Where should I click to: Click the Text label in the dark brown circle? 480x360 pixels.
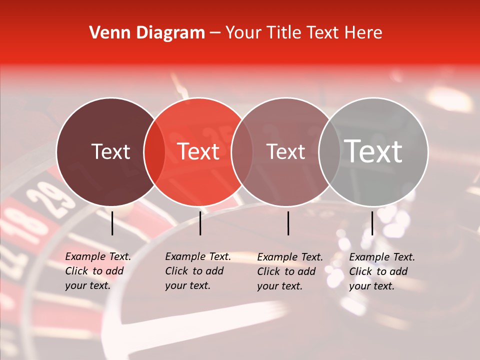coord(110,151)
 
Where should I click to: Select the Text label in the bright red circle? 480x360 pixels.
coord(198,151)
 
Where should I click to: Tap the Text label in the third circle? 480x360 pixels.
coord(286,151)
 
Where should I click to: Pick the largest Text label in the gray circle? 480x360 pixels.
coord(373,151)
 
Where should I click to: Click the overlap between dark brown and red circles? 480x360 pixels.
coord(154,151)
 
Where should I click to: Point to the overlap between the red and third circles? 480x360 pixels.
coord(242,151)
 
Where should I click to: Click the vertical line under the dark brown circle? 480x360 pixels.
coord(112,223)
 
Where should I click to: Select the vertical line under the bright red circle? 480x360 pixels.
coord(200,223)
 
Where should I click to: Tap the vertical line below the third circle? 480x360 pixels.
coord(288,223)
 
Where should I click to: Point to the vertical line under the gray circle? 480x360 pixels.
coord(372,223)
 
